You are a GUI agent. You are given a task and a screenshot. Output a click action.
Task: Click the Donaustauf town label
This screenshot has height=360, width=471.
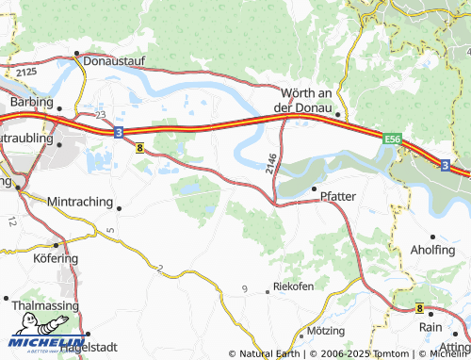[112, 60]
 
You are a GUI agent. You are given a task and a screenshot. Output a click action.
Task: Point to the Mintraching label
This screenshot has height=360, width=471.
[79, 202]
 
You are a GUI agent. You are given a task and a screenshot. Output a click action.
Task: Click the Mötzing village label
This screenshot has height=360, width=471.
[327, 332]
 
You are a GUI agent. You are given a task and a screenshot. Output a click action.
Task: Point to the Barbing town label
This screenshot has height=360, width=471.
[29, 101]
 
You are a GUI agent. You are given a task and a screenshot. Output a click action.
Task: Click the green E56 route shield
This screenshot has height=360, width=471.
[393, 139]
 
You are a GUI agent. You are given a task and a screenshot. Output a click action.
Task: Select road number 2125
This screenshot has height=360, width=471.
[25, 71]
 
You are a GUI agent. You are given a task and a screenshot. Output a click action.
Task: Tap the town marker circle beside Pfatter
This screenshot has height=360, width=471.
[314, 189]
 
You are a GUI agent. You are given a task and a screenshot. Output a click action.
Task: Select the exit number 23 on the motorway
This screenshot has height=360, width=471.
[99, 114]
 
